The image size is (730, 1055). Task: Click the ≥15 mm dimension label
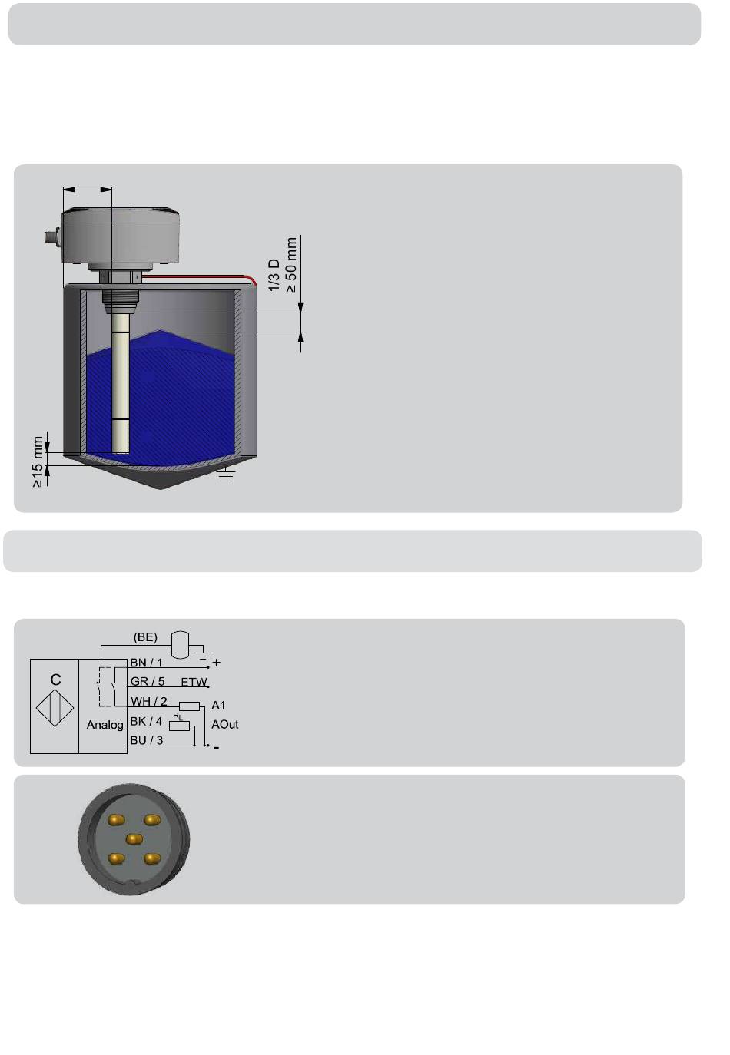[x=38, y=461]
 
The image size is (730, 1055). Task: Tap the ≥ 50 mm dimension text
[x=291, y=265]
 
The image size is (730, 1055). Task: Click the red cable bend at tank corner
[x=252, y=280]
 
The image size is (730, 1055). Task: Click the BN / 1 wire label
[x=146, y=663]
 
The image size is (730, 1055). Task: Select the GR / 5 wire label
[x=148, y=682]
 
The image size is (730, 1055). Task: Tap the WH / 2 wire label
[x=149, y=701]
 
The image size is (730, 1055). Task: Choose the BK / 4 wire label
[x=146, y=721]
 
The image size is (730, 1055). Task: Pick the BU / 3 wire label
[x=147, y=740]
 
